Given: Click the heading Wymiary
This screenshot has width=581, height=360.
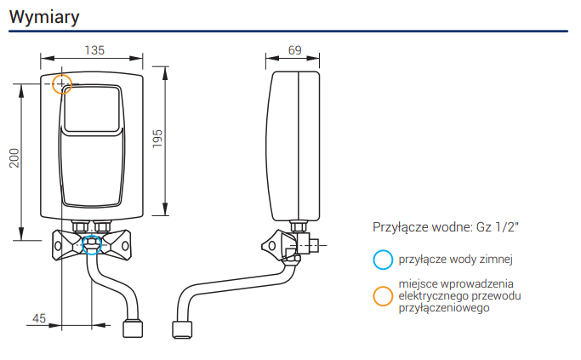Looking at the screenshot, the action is point(44,17).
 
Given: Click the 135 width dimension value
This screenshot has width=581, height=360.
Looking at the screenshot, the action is point(94,50).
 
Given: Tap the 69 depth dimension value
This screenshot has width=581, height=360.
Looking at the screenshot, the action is point(295,50).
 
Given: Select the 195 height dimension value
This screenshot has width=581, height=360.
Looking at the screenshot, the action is point(157,139).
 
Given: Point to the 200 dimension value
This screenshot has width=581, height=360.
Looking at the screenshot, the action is point(14,158).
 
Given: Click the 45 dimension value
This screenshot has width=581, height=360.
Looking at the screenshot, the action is point(39,318).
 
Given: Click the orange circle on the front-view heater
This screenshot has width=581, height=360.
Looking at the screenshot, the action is point(62,75).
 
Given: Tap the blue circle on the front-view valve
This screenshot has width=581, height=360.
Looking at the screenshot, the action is point(92,235).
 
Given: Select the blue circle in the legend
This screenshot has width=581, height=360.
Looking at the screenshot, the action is point(383,250).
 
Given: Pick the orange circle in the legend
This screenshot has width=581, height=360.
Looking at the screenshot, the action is point(383,286).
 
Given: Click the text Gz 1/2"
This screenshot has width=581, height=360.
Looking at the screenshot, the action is point(498,227).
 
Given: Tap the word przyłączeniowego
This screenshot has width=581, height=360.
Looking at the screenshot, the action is point(444,308).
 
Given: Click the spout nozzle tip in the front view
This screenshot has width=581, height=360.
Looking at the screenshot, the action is point(133,329).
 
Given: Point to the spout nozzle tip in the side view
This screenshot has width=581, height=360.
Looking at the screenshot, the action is point(182,329).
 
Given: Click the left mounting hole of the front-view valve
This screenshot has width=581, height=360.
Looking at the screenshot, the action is point(58,246).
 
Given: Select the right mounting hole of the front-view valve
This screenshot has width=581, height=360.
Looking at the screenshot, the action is point(125,246).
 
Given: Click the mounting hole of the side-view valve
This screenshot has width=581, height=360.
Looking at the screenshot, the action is point(272,245).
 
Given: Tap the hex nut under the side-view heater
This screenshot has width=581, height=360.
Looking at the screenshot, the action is point(299,226).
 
